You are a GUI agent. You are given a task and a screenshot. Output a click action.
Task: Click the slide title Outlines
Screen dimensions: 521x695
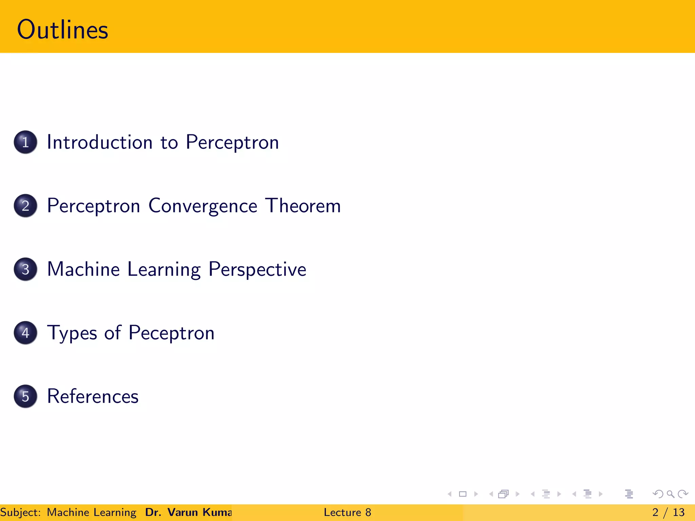click(x=62, y=30)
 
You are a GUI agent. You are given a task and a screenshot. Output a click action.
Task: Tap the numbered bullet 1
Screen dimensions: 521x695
click(x=25, y=142)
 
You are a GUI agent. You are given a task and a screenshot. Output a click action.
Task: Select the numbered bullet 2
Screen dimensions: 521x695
click(x=25, y=206)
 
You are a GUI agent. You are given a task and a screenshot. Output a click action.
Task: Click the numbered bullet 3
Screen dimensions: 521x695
click(x=25, y=269)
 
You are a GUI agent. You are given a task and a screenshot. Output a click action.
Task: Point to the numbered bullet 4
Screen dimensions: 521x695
click(x=25, y=333)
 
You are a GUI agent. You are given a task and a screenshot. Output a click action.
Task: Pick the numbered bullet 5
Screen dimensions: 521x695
click(x=25, y=396)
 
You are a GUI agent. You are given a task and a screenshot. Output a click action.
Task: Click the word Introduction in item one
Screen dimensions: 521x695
click(x=99, y=142)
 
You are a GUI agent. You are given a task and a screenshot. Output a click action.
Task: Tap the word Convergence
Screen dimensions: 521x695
click(x=203, y=206)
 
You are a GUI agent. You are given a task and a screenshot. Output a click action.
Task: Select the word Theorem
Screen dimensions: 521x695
click(x=303, y=206)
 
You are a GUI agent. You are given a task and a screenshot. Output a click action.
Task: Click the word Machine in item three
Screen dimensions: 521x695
click(x=83, y=269)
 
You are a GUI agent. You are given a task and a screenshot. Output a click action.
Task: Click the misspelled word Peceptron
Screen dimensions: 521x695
click(x=171, y=333)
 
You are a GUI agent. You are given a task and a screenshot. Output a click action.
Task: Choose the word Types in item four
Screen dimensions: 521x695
click(x=72, y=333)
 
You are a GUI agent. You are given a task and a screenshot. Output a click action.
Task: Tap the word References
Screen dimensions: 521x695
click(x=93, y=396)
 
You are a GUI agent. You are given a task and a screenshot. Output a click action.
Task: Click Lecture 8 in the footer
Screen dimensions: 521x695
click(x=347, y=512)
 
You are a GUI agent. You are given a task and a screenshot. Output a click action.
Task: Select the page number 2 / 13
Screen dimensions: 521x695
click(x=668, y=512)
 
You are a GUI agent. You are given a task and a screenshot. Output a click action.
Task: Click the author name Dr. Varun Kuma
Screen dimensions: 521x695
click(x=188, y=512)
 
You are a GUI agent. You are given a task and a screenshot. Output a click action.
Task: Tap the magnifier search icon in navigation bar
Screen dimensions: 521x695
click(x=670, y=494)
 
